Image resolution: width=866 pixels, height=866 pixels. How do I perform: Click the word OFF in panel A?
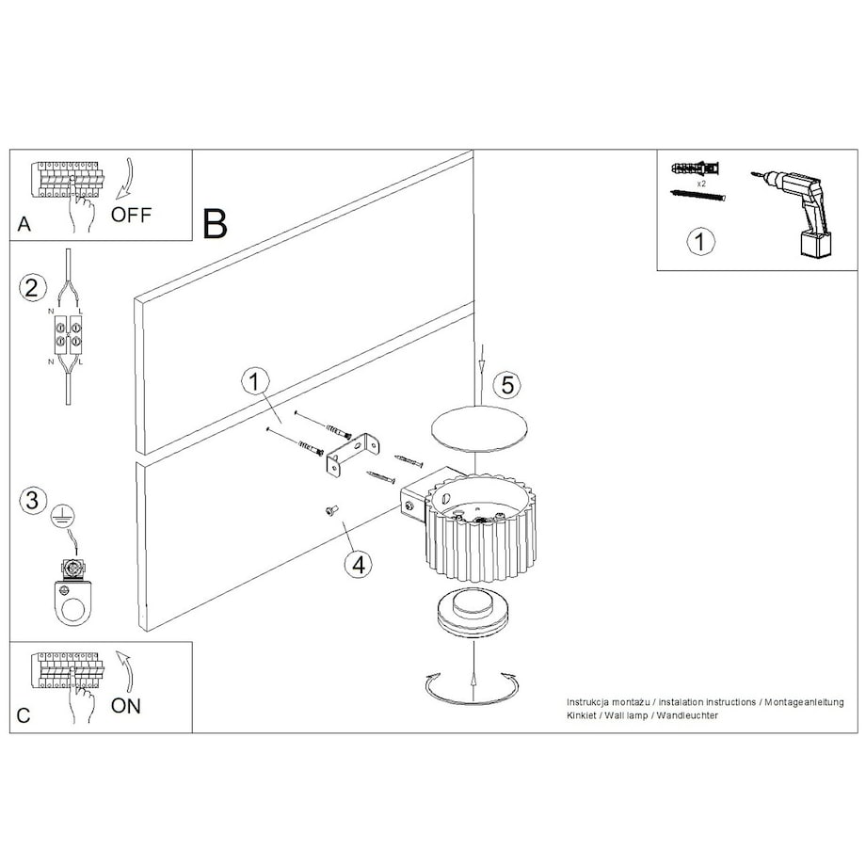coord(131,215)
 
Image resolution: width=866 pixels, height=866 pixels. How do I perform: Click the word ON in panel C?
coord(126,706)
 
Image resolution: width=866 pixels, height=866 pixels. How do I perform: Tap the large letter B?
coord(215,224)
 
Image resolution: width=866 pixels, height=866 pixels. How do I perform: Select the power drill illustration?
coord(794,213)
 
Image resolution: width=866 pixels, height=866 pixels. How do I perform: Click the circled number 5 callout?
coord(507,384)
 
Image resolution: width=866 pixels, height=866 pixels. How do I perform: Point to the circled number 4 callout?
coord(359,565)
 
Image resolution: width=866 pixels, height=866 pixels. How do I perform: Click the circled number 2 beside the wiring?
coord(32,288)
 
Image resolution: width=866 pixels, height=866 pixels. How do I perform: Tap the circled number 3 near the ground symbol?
coord(32,501)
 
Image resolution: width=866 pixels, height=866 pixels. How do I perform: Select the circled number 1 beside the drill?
coord(700,241)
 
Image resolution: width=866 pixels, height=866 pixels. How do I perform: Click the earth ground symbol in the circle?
coord(63,517)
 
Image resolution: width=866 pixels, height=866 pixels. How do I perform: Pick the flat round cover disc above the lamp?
coord(478,429)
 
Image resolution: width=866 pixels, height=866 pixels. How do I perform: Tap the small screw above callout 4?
coord(331,511)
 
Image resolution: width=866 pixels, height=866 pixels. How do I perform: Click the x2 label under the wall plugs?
coord(701,184)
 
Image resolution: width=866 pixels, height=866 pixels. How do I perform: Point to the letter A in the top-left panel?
coord(24,224)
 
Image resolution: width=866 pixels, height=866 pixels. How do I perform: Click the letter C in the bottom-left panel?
coord(24,715)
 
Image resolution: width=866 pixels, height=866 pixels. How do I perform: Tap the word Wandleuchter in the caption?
coord(687,715)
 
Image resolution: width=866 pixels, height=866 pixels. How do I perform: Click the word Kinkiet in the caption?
coord(582,715)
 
